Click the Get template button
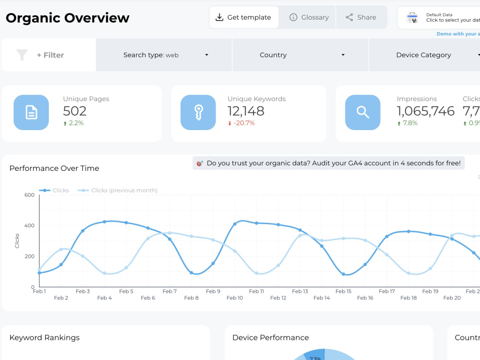click(x=244, y=17)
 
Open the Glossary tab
click(x=309, y=17)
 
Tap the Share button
click(x=361, y=17)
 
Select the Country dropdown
click(x=301, y=55)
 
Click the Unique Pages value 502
click(x=75, y=111)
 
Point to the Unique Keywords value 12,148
click(x=246, y=111)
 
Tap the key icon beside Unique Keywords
click(x=198, y=112)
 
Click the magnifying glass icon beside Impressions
click(x=363, y=112)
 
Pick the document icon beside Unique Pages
click(x=31, y=112)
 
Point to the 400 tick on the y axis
click(x=29, y=226)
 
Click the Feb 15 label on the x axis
click(x=343, y=291)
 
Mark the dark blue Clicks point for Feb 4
click(x=105, y=222)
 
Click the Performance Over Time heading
click(x=54, y=168)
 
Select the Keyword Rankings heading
click(x=45, y=338)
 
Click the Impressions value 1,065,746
click(x=425, y=111)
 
